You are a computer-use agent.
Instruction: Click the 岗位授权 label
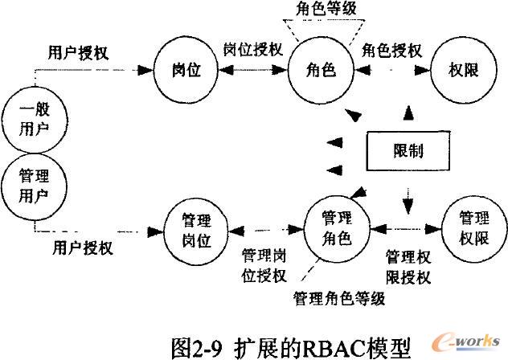pyautogui.click(x=252, y=50)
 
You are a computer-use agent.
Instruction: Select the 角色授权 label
pyautogui.click(x=392, y=50)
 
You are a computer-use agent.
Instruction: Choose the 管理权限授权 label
pyautogui.click(x=409, y=267)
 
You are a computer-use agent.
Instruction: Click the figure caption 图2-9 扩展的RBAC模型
pyautogui.click(x=291, y=345)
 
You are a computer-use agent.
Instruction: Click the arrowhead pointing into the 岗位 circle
pyautogui.click(x=161, y=70)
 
